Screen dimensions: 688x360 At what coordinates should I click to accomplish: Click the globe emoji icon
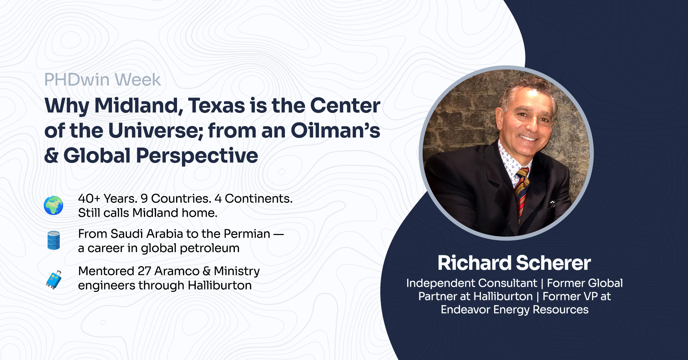53,205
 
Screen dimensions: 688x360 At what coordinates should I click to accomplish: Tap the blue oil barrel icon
53,240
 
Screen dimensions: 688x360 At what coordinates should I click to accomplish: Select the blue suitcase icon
54,280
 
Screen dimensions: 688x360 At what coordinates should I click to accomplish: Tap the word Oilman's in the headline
336,130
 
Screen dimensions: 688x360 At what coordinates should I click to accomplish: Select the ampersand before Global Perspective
52,155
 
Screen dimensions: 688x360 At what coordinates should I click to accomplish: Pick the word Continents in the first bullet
259,199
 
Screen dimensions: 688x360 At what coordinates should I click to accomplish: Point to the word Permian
247,234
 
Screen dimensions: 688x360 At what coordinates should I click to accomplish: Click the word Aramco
177,271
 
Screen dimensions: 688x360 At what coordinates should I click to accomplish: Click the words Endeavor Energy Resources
514,310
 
